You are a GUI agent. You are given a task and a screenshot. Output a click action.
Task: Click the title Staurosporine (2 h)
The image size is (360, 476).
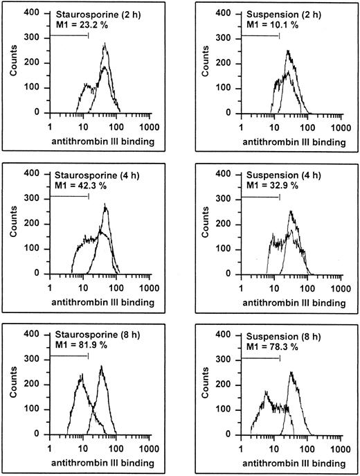(x=91, y=14)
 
